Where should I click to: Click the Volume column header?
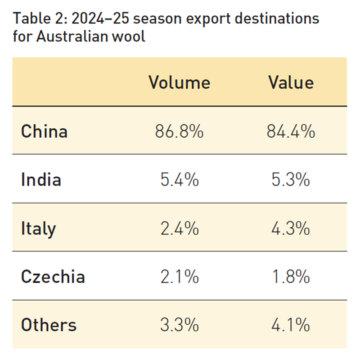[x=179, y=82]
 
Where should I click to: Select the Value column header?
[x=291, y=82]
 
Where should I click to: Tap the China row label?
[x=44, y=131]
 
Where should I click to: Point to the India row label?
[x=41, y=180]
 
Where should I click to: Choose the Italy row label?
[x=38, y=229]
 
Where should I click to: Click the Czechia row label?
[x=53, y=276]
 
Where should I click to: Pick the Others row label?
[x=49, y=325]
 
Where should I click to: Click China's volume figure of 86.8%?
[x=179, y=131]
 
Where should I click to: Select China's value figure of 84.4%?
[x=291, y=131]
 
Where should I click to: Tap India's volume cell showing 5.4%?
[x=179, y=180]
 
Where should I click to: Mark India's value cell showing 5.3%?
[x=291, y=180]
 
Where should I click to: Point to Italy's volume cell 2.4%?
[x=179, y=229]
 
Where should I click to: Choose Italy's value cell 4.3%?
[x=291, y=229]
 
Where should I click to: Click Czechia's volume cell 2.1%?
[x=179, y=276]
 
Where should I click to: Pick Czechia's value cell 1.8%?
[x=291, y=276]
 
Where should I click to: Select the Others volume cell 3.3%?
[x=179, y=325]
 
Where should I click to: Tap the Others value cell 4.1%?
[x=291, y=325]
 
